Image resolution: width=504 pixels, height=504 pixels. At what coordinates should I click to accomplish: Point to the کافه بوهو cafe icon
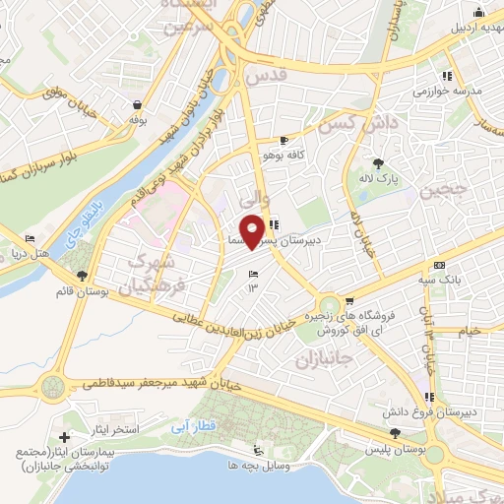pos(284,141)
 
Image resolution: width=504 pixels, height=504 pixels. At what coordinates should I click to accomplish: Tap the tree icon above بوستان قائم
pos(82,276)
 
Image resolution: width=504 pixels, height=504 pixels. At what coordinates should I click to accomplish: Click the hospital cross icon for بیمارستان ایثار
pos(65,436)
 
